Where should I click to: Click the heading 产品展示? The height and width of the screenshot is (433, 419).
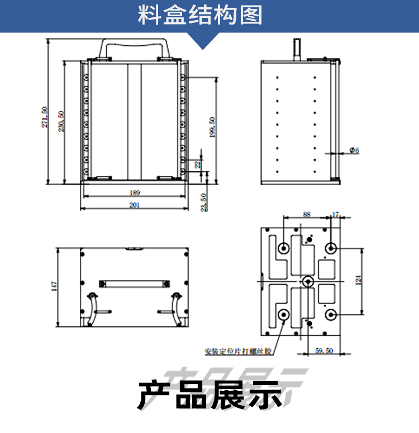point(209,394)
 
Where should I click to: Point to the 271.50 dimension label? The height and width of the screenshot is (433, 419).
point(45,117)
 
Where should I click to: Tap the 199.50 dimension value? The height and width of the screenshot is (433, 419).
point(211,128)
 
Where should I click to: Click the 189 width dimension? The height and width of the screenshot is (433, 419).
point(135,193)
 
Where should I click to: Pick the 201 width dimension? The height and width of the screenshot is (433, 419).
point(134,205)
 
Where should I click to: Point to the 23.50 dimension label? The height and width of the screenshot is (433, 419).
point(204,202)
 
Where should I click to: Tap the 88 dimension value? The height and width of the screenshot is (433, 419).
point(306,214)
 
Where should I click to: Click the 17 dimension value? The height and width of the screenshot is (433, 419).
point(335,214)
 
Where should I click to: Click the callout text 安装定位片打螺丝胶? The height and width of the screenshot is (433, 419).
point(238,352)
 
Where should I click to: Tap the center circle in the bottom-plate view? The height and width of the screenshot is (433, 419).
point(308,281)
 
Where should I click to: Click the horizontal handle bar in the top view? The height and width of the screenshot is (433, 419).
point(134,283)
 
